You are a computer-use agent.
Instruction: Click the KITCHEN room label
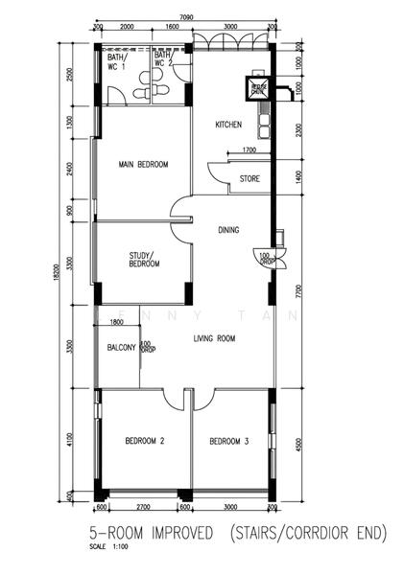227,126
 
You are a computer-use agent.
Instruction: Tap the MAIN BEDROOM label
143,165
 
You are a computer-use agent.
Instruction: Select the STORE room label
249,178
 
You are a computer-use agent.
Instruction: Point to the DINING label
227,230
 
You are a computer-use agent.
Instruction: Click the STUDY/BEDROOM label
144,260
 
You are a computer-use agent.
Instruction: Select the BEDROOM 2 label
145,441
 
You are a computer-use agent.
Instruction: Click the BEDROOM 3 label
229,441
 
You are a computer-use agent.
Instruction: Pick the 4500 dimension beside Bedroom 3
299,443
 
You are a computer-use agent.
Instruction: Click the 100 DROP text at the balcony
146,346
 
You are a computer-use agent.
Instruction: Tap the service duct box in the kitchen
258,87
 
